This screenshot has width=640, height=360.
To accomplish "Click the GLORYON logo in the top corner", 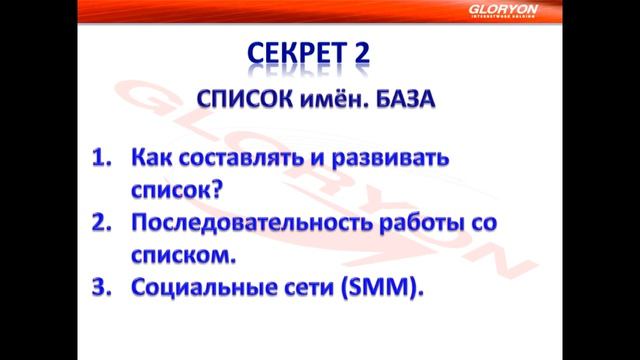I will [x=588, y=10].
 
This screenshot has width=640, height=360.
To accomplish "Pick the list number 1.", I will [x=102, y=159].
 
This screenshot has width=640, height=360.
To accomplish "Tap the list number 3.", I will [x=102, y=288].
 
